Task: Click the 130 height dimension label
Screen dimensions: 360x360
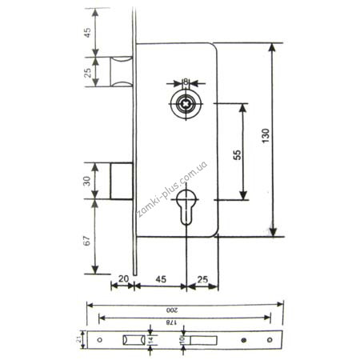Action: coord(266,135)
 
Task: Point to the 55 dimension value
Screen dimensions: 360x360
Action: coord(237,155)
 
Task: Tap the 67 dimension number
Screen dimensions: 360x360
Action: coord(87,240)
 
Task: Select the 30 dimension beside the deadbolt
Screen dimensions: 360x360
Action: coord(87,181)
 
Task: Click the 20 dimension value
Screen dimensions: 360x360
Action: coord(123,279)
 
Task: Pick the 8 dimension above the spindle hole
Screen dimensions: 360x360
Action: coord(186,81)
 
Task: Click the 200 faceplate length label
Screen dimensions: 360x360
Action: coord(172,310)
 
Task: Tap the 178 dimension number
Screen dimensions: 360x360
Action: coord(171,322)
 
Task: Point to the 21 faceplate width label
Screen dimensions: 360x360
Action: coord(78,339)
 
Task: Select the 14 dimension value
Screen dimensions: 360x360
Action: coord(151,340)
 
